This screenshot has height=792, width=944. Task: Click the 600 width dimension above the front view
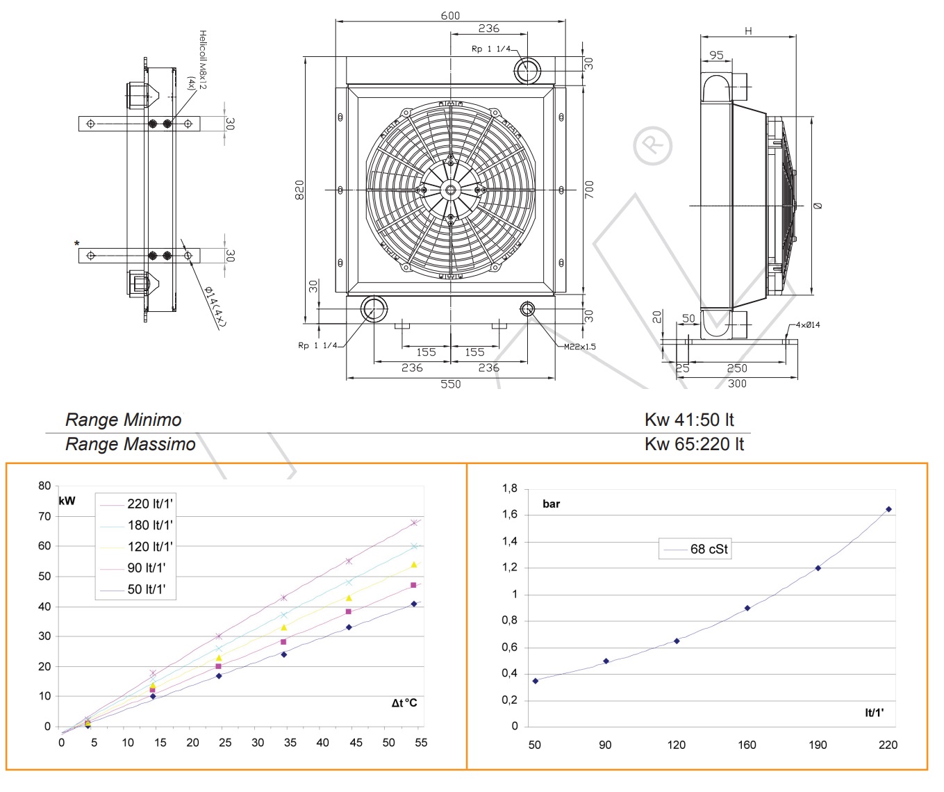[450, 15]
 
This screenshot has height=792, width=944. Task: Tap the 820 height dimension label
[299, 190]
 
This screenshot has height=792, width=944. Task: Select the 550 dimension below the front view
[450, 384]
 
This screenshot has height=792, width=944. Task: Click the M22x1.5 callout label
[579, 347]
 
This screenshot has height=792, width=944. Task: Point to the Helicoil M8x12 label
[201, 60]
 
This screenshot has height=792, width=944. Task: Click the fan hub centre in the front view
[450, 190]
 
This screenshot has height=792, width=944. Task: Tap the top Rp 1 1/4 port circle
[527, 70]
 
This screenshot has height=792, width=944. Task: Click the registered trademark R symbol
[652, 146]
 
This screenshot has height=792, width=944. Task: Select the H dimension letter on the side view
[748, 31]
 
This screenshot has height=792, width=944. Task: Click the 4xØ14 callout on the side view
[807, 324]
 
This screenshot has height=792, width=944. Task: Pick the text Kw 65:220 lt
[693, 444]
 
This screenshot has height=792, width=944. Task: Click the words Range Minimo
[123, 420]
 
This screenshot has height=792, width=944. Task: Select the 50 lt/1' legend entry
[147, 589]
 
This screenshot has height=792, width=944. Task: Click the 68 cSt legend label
[709, 549]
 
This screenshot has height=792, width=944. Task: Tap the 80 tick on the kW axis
[44, 486]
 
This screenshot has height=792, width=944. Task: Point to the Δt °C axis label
[404, 703]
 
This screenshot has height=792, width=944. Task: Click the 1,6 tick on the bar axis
[510, 515]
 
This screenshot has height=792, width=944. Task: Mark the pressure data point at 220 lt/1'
[888, 509]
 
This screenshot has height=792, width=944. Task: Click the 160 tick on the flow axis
[747, 745]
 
